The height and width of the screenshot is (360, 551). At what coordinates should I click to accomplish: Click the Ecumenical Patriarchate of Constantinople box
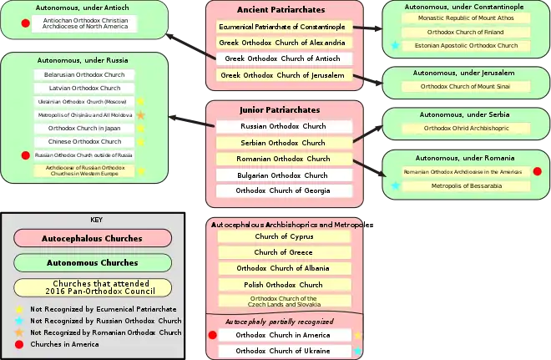(x=284, y=27)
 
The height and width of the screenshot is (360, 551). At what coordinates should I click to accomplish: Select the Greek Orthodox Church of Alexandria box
(x=284, y=43)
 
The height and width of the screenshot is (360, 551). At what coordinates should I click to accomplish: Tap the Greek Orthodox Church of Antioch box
(x=284, y=59)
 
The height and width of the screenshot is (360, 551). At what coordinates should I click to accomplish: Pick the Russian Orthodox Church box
(x=284, y=127)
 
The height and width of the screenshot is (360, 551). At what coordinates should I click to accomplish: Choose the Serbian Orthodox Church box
(x=284, y=143)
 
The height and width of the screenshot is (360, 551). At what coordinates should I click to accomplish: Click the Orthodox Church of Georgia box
(x=284, y=190)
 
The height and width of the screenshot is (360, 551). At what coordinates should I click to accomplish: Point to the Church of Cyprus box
(x=284, y=236)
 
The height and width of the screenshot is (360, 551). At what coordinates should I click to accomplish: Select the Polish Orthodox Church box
(x=284, y=285)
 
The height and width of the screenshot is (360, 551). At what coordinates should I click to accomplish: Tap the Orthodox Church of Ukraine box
(x=284, y=351)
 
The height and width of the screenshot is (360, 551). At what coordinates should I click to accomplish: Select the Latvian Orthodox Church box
(x=83, y=88)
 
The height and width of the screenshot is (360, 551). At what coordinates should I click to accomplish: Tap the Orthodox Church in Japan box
(x=83, y=129)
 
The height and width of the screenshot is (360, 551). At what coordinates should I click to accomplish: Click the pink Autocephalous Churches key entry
(x=92, y=238)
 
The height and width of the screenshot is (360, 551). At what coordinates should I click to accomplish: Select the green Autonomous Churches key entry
(x=92, y=262)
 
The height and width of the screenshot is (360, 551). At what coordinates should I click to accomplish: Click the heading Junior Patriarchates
(x=284, y=109)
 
